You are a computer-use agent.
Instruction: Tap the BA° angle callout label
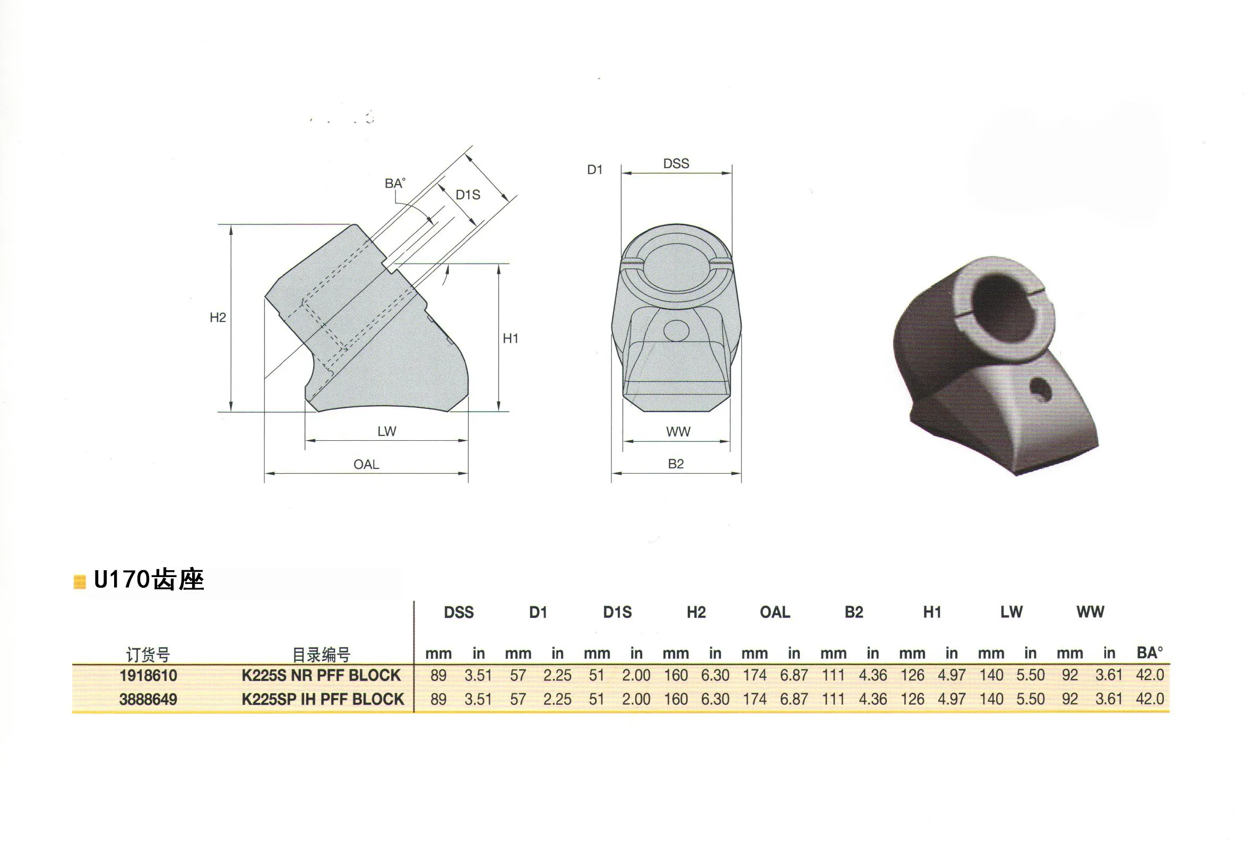(x=395, y=184)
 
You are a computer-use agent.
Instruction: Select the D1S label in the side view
(x=468, y=195)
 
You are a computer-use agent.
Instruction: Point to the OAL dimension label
(x=366, y=465)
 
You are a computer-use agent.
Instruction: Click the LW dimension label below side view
(x=386, y=431)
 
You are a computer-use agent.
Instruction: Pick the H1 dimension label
(x=510, y=339)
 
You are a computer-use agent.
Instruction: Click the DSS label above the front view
(x=676, y=164)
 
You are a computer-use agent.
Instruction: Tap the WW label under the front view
(x=678, y=432)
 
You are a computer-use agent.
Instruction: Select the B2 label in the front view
(x=676, y=464)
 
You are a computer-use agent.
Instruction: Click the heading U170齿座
(x=149, y=580)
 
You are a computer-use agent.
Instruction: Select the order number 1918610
(x=148, y=675)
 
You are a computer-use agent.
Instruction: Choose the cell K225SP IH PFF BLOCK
(x=323, y=700)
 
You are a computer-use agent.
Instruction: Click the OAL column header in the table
(x=774, y=612)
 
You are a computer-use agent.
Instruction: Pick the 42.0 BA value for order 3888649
(x=1150, y=699)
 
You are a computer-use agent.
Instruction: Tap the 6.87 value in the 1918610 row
(x=794, y=675)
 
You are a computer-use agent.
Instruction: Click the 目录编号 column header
(x=321, y=655)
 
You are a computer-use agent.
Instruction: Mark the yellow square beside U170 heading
(x=80, y=582)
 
